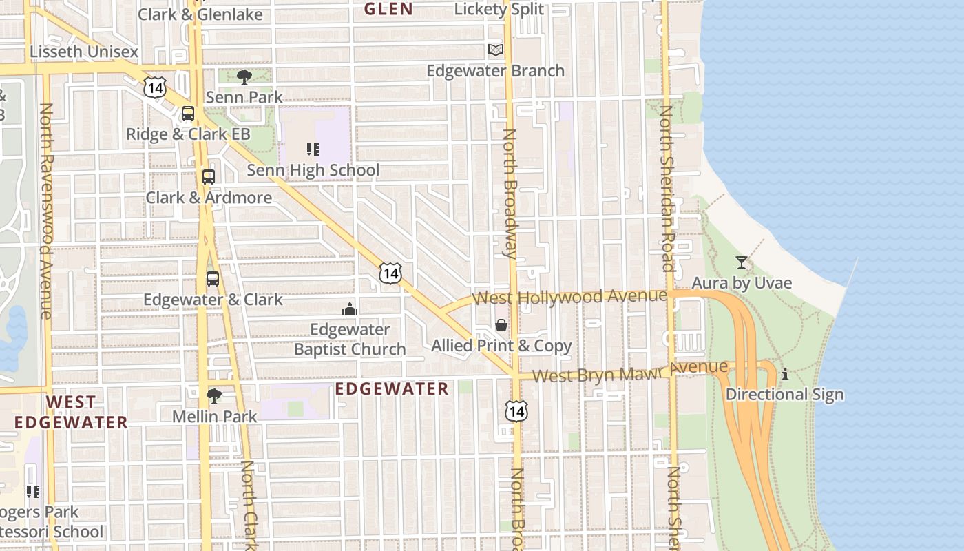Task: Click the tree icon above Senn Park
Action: click(244, 76)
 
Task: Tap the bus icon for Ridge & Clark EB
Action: click(188, 114)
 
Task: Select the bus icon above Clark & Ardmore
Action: click(209, 176)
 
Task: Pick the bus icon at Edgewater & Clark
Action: click(213, 279)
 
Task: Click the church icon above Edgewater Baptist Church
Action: click(350, 309)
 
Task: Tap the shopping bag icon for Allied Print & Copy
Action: click(501, 325)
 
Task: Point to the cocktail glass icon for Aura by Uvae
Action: click(741, 262)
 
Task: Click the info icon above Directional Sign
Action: click(784, 374)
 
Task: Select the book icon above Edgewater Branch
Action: click(496, 50)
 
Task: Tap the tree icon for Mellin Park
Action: click(214, 395)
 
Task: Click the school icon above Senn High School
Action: click(313, 149)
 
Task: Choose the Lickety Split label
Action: click(499, 10)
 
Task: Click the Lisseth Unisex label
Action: click(84, 52)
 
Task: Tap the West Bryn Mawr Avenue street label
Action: click(630, 372)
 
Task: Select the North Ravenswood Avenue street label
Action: click(46, 211)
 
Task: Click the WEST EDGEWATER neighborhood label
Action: click(72, 412)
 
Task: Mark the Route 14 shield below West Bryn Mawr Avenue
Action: click(516, 411)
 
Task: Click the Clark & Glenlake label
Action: click(200, 14)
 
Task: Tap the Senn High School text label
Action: click(313, 170)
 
